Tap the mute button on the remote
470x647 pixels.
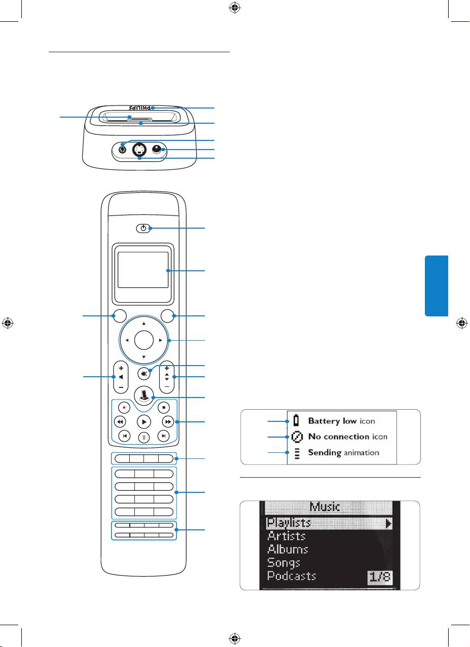144,374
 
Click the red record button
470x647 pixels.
123,407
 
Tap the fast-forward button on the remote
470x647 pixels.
167,422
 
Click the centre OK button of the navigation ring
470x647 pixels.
144,340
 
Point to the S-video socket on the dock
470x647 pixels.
139,150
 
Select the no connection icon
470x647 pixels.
296,437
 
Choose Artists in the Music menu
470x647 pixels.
286,535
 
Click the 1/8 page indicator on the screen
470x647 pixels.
380,578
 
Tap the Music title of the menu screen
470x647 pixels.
325,507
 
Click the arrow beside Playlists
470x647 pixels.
388,523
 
